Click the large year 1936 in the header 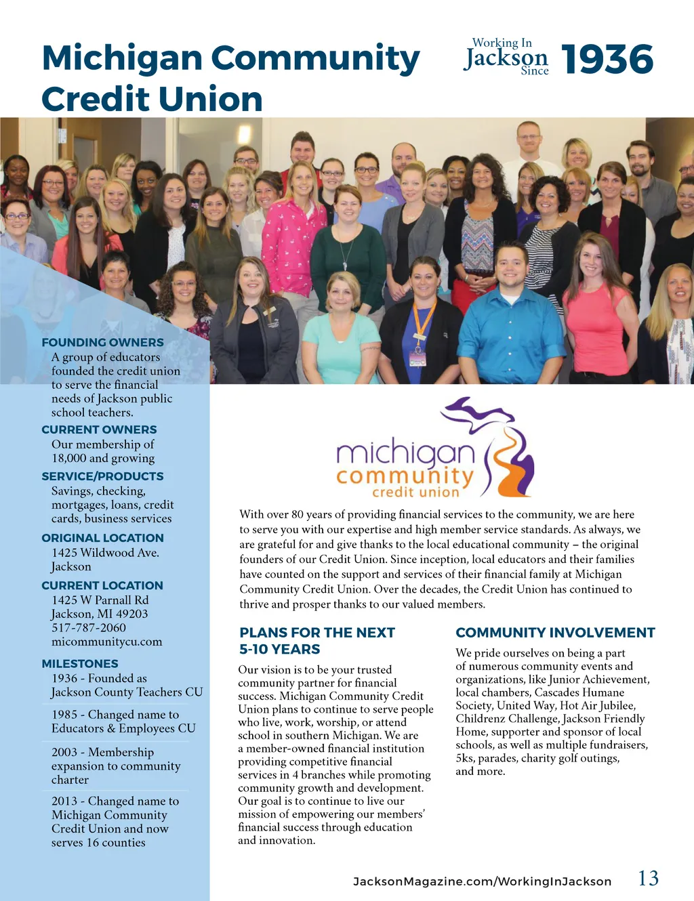pyautogui.click(x=607, y=59)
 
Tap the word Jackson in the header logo pyautogui.click(x=506, y=58)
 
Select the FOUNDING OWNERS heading pyautogui.click(x=102, y=343)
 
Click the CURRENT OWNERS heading pyautogui.click(x=99, y=429)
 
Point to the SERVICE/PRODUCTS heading pyautogui.click(x=102, y=476)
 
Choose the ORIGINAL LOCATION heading pyautogui.click(x=102, y=538)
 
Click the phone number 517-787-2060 pyautogui.click(x=89, y=628)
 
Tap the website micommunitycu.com pyautogui.click(x=106, y=642)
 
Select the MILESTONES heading pyautogui.click(x=80, y=664)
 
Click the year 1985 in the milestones pyautogui.click(x=64, y=715)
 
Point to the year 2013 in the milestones pyautogui.click(x=64, y=801)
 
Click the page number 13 pyautogui.click(x=648, y=879)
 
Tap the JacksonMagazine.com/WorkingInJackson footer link pyautogui.click(x=482, y=881)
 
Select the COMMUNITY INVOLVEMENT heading pyautogui.click(x=555, y=633)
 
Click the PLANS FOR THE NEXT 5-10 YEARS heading pyautogui.click(x=317, y=641)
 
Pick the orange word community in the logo pyautogui.click(x=405, y=476)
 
